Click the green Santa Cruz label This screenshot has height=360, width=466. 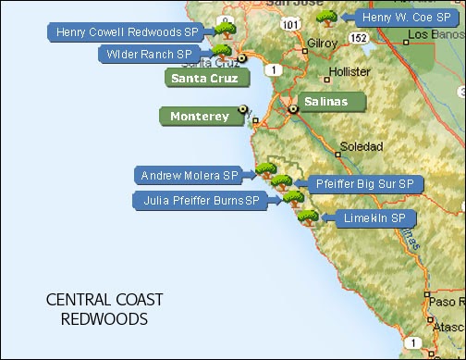pyautogui.click(x=202, y=78)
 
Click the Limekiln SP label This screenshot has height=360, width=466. pyautogui.click(x=366, y=218)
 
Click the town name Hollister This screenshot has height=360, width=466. pyautogui.click(x=349, y=70)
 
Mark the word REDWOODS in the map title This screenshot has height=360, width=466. pyautogui.click(x=104, y=319)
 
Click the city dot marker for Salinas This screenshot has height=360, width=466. pyautogui.click(x=292, y=109)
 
